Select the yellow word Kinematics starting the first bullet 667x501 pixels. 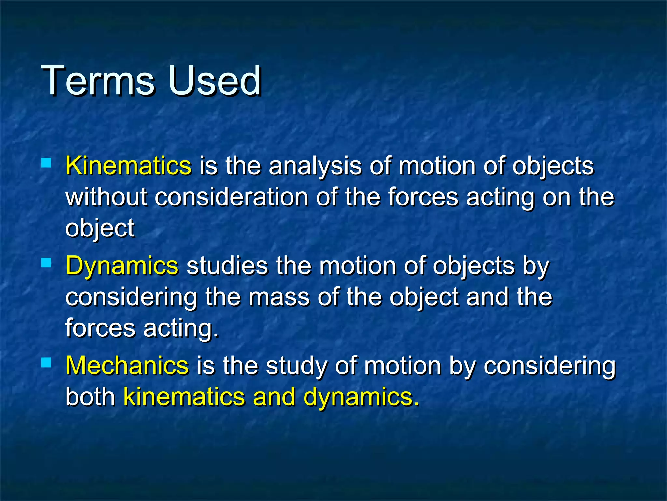(128, 165)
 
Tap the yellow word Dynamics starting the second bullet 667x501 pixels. (122, 266)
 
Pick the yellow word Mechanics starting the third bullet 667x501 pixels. (127, 365)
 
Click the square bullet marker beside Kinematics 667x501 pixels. (47, 162)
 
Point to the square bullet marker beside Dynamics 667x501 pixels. (47, 263)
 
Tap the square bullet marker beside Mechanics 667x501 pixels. (47, 362)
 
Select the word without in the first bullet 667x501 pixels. (106, 197)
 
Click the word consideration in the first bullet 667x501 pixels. (231, 197)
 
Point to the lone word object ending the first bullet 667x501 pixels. (100, 228)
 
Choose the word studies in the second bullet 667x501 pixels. (227, 266)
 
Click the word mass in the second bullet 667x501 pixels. (279, 297)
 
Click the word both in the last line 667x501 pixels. (90, 397)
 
